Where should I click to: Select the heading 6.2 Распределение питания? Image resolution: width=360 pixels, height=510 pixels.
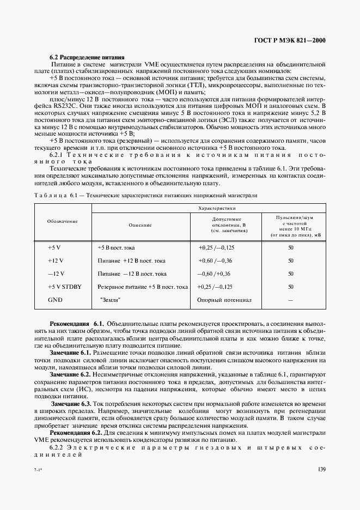[x=87, y=57]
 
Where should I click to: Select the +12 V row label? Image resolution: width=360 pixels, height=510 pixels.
[x=56, y=260]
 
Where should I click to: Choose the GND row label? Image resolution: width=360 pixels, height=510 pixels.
[x=56, y=300]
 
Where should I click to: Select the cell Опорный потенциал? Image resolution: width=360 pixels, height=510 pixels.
[x=224, y=300]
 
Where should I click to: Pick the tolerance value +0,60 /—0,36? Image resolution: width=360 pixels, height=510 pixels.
[x=215, y=260]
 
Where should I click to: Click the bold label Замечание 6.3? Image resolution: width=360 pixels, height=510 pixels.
[x=71, y=404]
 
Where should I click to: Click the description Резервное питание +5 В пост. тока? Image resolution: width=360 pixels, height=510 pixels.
[x=143, y=287]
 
